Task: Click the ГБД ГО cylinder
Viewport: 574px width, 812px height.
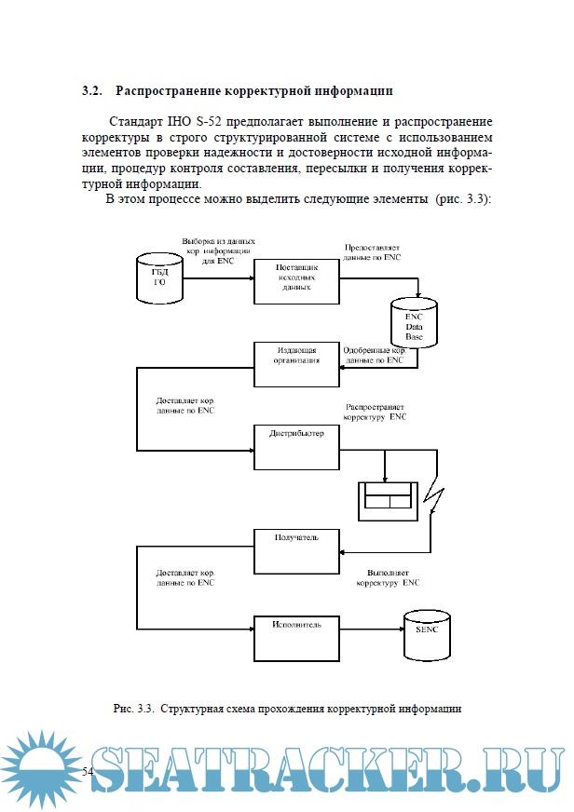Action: pyautogui.click(x=159, y=277)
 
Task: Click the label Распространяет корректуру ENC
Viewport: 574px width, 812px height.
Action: pyautogui.click(x=376, y=413)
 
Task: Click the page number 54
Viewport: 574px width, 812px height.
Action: pyautogui.click(x=89, y=772)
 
